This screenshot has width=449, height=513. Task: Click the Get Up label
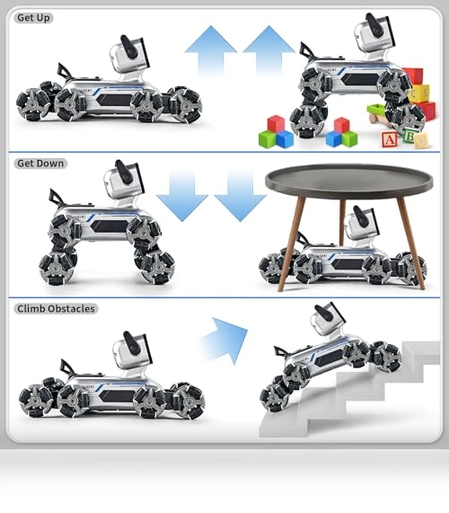tap(33, 18)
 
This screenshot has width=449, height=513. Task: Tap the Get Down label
tap(40, 164)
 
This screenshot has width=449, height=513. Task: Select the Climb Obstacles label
tap(56, 308)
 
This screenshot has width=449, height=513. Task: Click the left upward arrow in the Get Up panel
tap(211, 49)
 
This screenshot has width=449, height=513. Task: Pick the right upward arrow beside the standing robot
tap(269, 49)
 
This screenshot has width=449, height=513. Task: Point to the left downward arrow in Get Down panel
tap(181, 196)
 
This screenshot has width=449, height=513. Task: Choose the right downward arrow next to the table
tap(241, 196)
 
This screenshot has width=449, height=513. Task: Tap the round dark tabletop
tap(349, 181)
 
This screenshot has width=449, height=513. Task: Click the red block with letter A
tap(389, 139)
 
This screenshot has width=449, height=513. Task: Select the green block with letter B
tap(409, 136)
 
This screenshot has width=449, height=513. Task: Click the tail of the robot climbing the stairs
tap(280, 351)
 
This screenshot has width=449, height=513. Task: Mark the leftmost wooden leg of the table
tap(291, 243)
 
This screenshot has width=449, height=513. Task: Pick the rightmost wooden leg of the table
tap(411, 243)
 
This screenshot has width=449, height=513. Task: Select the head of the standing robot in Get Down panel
tap(124, 178)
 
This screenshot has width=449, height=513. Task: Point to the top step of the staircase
tap(421, 352)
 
